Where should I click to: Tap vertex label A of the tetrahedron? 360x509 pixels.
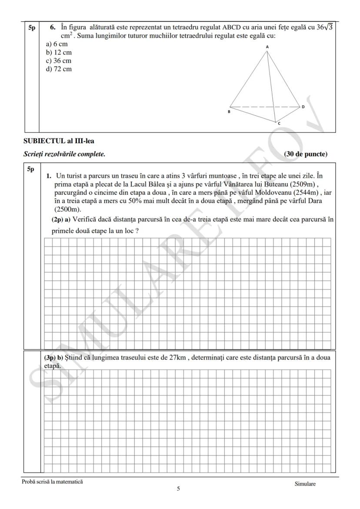pos(267,47)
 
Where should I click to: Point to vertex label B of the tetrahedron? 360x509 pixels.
pos(229,112)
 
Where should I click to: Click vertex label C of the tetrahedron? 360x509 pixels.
pos(279,124)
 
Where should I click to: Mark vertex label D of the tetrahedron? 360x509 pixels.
pos(303,107)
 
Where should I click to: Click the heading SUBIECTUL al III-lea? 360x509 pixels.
pos(59,141)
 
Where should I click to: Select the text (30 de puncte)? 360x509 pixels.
pos(305,154)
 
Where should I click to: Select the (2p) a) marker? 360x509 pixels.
pos(61,220)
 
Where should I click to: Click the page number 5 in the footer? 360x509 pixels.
pos(178,489)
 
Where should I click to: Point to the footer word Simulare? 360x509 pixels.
pos(305,484)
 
